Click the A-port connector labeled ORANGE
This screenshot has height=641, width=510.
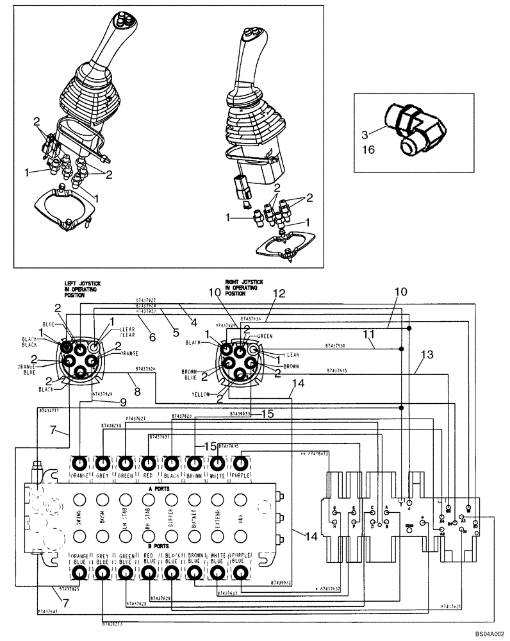[x=79, y=463]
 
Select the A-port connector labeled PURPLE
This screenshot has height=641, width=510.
[x=240, y=463]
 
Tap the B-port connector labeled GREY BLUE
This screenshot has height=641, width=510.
[x=103, y=570]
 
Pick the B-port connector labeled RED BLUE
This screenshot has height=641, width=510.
[x=149, y=570]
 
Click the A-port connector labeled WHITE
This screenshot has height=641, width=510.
[x=217, y=463]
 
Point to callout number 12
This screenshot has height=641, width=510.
[x=277, y=294]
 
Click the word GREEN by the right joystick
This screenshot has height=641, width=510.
[x=265, y=336]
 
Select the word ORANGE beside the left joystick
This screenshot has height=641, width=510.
[x=128, y=353]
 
